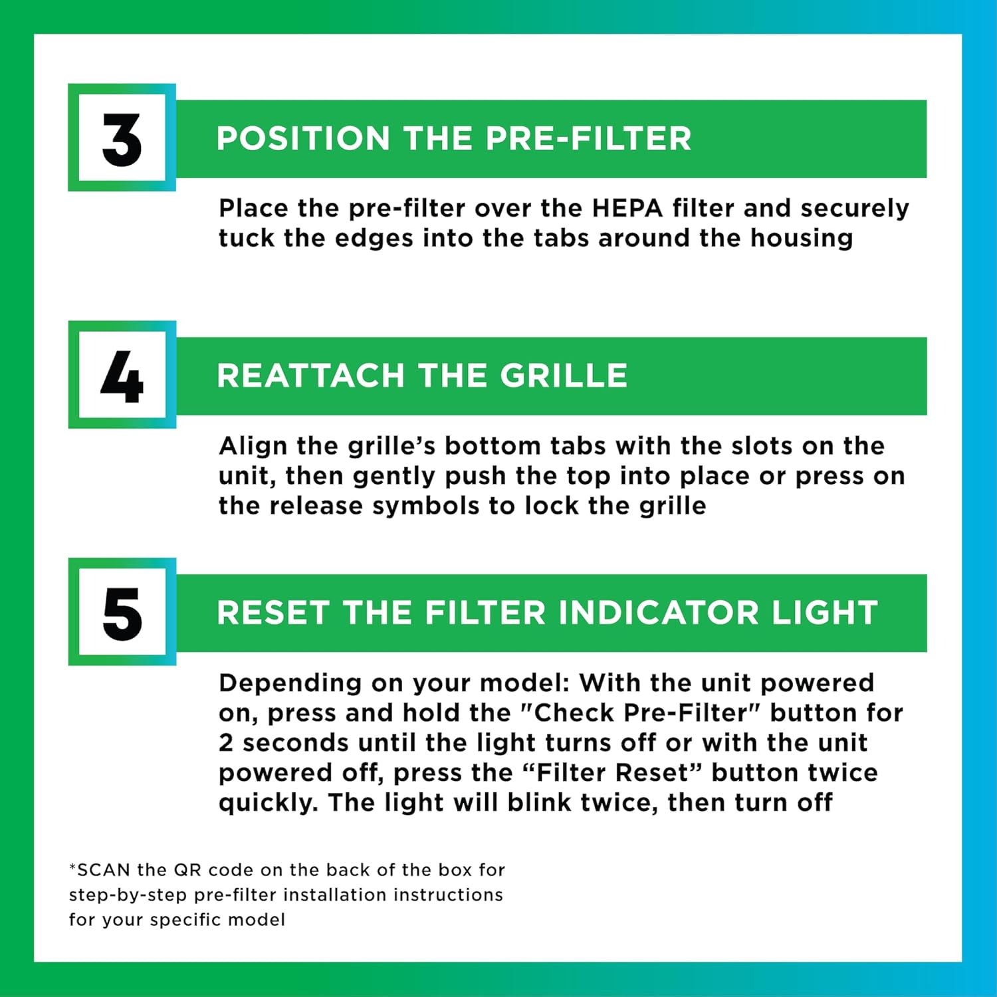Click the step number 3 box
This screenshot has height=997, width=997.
click(x=122, y=138)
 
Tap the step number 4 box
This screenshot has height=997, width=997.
click(x=122, y=375)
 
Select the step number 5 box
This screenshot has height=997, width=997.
click(x=122, y=612)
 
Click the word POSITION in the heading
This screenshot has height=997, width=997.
click(x=302, y=139)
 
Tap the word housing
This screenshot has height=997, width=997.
click(x=802, y=238)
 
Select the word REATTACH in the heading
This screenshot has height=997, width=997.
click(x=310, y=376)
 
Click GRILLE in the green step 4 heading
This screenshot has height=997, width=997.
click(x=564, y=376)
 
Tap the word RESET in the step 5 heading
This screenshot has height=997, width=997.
click(x=273, y=613)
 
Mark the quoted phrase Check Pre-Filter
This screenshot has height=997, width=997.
click(x=639, y=713)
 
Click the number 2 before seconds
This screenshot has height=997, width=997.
click(x=226, y=743)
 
